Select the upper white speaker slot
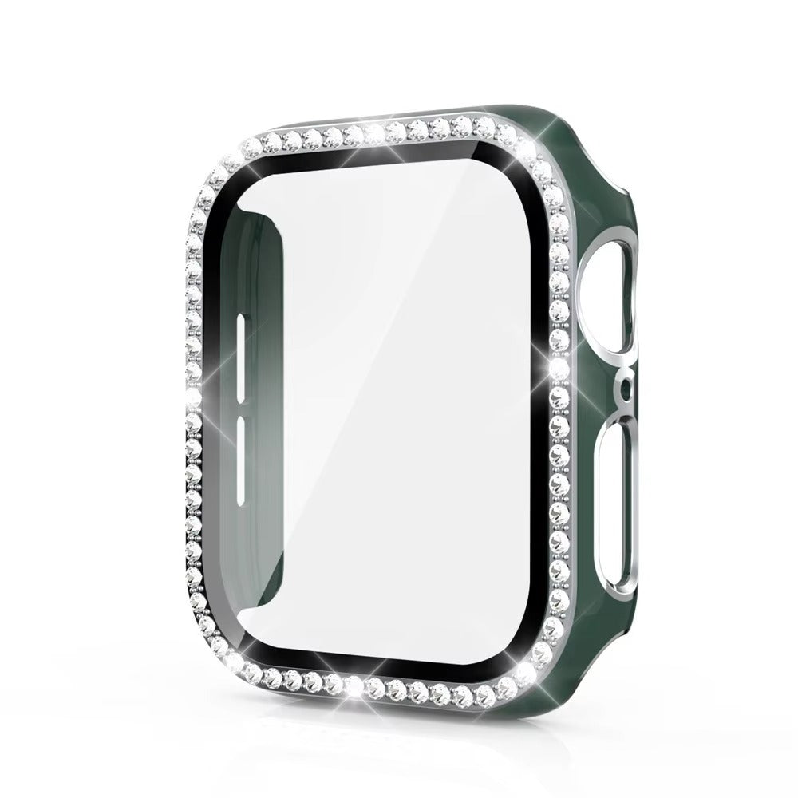point(240,347)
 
